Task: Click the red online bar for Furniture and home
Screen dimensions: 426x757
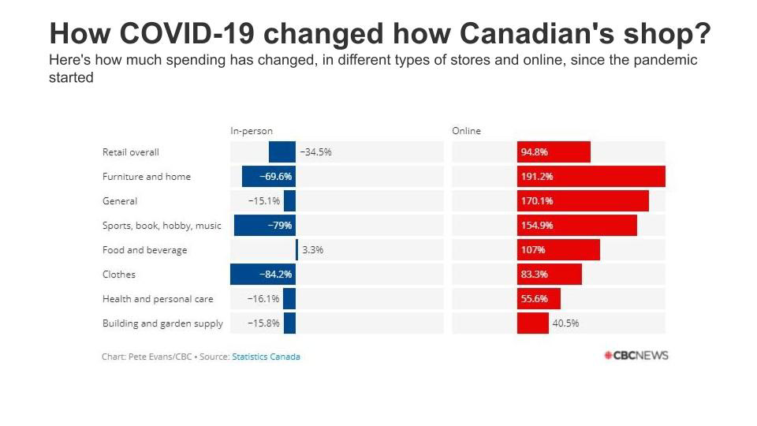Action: [x=591, y=177]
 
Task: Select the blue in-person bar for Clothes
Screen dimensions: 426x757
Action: [x=263, y=275]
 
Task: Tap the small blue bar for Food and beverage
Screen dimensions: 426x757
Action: [x=297, y=250]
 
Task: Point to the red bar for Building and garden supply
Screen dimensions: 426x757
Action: [x=533, y=323]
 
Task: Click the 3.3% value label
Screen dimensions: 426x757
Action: [x=313, y=250]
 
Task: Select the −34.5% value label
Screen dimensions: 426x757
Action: [x=315, y=152]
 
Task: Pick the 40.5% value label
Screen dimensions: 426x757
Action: [x=565, y=323]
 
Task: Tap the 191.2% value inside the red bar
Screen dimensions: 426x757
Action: [x=536, y=177]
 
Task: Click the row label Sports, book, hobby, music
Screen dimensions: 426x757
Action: [x=162, y=226]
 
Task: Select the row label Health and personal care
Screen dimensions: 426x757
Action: [x=158, y=299]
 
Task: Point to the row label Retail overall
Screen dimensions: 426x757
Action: [x=131, y=152]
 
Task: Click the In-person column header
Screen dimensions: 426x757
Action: [x=252, y=131]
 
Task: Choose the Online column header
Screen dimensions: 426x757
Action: [x=466, y=131]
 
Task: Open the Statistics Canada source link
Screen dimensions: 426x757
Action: [x=266, y=357]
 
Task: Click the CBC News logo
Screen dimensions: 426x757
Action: [x=636, y=356]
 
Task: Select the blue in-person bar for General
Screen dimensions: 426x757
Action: [x=289, y=201]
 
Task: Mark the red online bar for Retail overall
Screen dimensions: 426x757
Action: [x=554, y=152]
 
